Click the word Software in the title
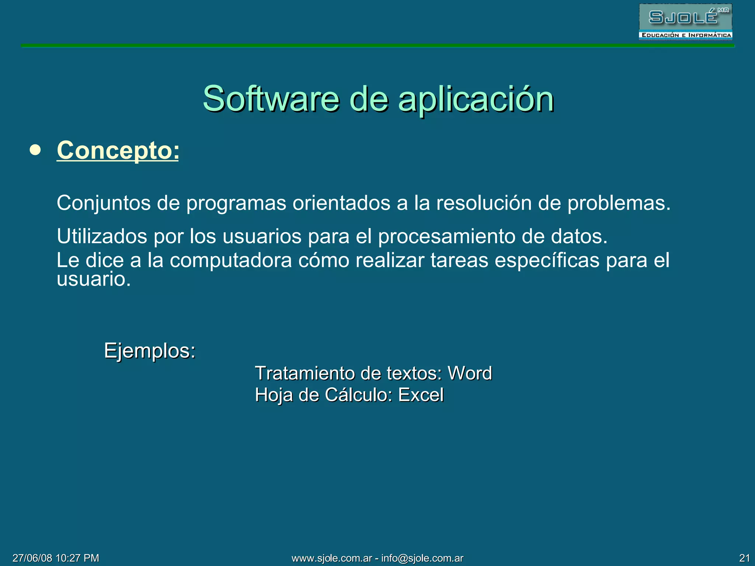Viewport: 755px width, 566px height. (x=271, y=99)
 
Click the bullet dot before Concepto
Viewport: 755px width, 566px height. (x=35, y=150)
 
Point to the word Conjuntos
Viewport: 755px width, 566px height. (x=104, y=203)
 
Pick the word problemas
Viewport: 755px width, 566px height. (x=619, y=203)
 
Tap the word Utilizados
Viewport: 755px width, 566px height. (x=102, y=236)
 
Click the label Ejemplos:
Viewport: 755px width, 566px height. (x=150, y=350)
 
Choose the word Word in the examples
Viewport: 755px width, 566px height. (x=470, y=373)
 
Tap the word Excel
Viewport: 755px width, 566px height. (x=421, y=395)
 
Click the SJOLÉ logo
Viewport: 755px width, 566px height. (x=685, y=21)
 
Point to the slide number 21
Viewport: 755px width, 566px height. (x=744, y=558)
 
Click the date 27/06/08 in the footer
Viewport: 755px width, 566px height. (x=32, y=558)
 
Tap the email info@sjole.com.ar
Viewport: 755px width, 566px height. (x=422, y=558)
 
